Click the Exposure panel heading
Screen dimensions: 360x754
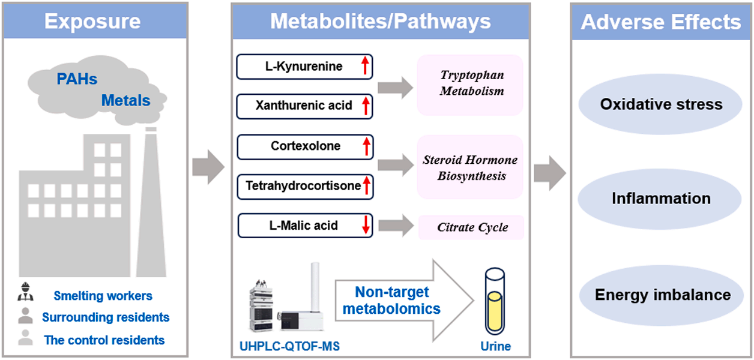coord(92,22)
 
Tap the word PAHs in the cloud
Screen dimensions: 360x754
coord(77,79)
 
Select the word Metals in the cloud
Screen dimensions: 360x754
coord(125,100)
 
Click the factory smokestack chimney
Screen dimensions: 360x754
coord(151,204)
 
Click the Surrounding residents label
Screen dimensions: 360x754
coord(106,317)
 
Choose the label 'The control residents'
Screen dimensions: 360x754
coord(104,340)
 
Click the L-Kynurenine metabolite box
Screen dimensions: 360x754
coord(304,67)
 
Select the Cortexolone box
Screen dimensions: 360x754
coord(305,146)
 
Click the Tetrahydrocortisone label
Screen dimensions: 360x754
coord(303,186)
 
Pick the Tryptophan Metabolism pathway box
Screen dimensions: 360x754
coord(471,84)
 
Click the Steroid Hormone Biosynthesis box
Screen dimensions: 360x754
coord(470,168)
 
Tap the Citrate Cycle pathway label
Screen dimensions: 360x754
coord(472,228)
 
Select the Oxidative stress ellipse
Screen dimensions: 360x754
coord(661,104)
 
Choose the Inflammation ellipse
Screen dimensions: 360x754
coord(661,199)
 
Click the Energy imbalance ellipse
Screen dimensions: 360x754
coord(662,295)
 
